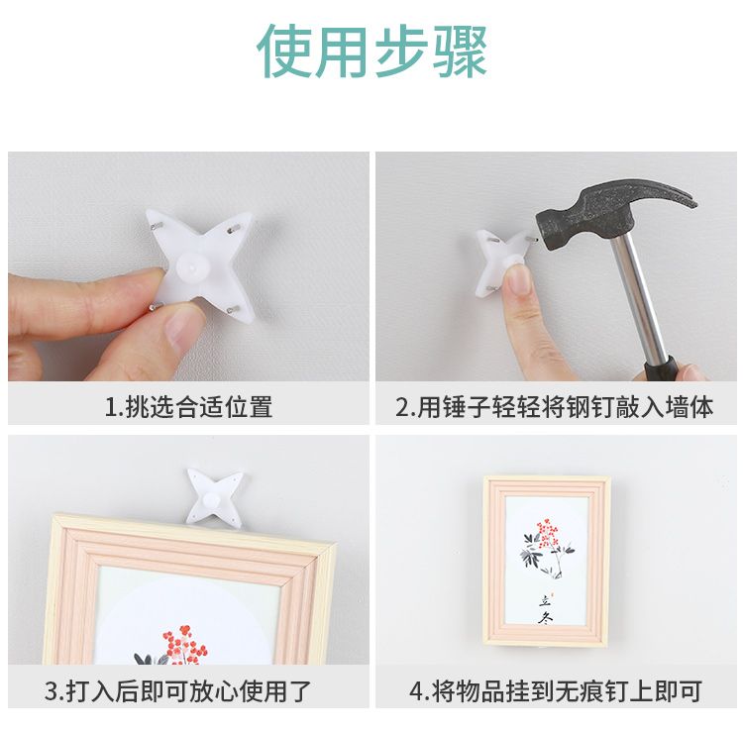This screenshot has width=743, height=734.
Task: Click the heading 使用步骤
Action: tap(371, 52)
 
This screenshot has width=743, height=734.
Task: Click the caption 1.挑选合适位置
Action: tap(188, 407)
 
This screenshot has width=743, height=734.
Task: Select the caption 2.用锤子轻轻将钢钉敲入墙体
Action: tap(555, 407)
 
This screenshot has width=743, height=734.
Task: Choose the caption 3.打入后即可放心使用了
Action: tap(177, 691)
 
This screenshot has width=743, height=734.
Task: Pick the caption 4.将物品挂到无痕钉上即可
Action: tap(556, 691)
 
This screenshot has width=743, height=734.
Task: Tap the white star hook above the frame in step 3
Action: tap(216, 496)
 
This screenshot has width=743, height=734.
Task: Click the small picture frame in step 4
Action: tap(547, 562)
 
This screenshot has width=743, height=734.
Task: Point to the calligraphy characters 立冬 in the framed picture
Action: tap(546, 610)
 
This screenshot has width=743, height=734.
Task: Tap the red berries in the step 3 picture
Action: tap(184, 645)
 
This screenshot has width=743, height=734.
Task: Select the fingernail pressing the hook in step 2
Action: tap(519, 278)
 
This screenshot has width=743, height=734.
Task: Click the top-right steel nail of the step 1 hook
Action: tap(233, 230)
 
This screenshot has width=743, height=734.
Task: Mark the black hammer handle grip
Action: tap(664, 368)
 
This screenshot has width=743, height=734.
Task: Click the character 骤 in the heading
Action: tap(460, 52)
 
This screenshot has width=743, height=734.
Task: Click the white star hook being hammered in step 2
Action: tap(502, 262)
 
